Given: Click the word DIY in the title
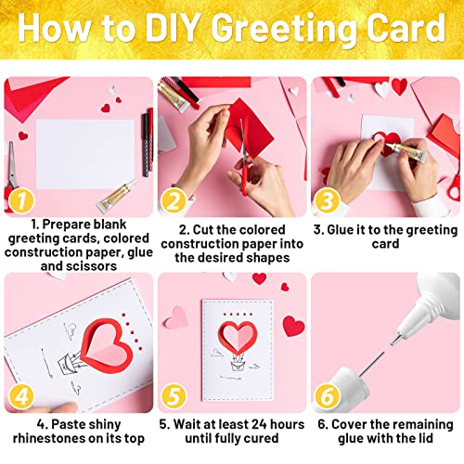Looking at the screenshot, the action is [x=172, y=28].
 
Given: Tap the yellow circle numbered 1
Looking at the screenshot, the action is [x=21, y=200].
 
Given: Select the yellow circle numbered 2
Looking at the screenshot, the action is [x=174, y=200].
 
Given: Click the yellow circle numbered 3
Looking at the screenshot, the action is [x=328, y=200].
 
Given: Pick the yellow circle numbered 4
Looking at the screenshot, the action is [x=21, y=396].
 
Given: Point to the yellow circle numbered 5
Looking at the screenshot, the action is [x=174, y=396].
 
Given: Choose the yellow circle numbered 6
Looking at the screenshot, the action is [x=328, y=396].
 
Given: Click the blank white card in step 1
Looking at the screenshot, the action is [x=85, y=154].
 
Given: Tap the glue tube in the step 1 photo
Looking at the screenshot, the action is [x=117, y=196].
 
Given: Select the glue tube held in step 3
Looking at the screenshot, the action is [x=406, y=151].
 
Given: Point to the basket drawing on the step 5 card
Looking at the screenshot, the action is [x=238, y=365].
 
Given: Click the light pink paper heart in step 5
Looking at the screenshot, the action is [x=176, y=317].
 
